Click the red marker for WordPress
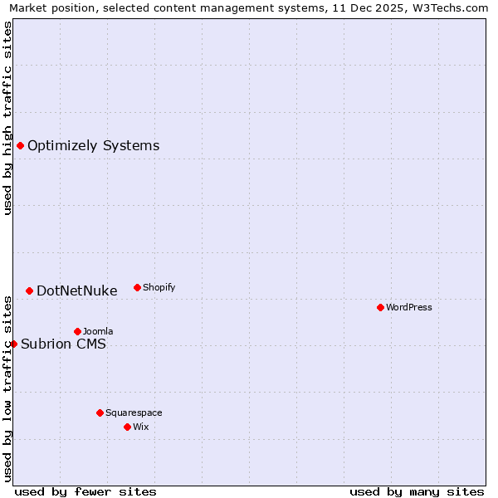click(380, 307)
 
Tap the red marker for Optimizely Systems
click(20, 146)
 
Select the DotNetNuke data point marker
click(29, 290)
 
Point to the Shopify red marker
click(137, 287)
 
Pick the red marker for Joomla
click(77, 331)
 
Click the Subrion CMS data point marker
click(13, 344)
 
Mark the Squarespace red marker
click(100, 413)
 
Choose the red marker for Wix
click(127, 427)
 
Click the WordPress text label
click(409, 307)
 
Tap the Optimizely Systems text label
click(93, 146)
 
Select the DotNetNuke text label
click(77, 290)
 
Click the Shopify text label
click(159, 287)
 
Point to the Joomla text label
click(98, 331)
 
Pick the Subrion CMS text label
click(63, 344)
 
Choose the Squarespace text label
click(134, 413)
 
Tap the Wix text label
click(141, 427)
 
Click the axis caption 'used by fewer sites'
click(85, 491)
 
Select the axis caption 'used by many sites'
click(417, 491)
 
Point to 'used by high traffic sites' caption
click(7, 118)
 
